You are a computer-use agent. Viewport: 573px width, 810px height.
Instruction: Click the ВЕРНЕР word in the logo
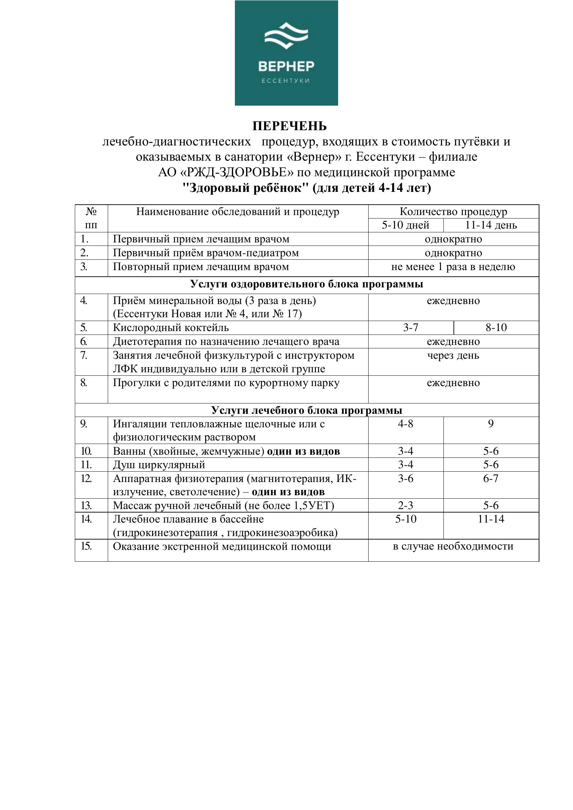pos(286,66)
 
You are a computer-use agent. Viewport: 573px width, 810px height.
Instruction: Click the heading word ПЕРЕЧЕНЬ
pos(289,126)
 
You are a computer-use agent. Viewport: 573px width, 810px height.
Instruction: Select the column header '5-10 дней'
pos(405,225)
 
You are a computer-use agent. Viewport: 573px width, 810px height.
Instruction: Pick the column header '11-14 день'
pos(491,225)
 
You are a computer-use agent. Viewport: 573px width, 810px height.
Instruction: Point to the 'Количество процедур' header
pos(453,212)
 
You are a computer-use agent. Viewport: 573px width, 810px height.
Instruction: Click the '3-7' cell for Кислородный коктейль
pos(411,328)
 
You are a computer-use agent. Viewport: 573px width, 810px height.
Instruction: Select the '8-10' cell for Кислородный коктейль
pos(496,328)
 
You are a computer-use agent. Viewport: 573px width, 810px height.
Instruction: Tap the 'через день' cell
pos(453,356)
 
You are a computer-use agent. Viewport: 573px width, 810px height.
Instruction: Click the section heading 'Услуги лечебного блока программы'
pos(307,410)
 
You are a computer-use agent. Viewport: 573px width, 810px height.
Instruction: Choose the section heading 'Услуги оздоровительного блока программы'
pos(307,284)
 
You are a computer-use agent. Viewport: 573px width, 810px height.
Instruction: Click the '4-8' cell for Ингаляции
pos(405,424)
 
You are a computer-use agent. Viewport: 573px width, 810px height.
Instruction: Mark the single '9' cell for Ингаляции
pos(491,424)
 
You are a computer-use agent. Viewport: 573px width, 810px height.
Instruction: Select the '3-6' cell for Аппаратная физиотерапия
pos(405,478)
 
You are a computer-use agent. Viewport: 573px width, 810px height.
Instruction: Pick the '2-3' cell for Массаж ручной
pos(405,506)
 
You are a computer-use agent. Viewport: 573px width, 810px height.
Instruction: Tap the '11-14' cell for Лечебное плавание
pos(491,519)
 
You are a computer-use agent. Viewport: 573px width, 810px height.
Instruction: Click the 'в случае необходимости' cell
pos(453,546)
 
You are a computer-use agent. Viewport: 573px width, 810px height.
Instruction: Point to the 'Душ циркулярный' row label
pos(159,465)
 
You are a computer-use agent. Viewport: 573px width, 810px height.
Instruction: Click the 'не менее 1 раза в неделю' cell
pos(453,267)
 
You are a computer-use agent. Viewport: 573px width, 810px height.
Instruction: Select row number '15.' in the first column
pos(86,546)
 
